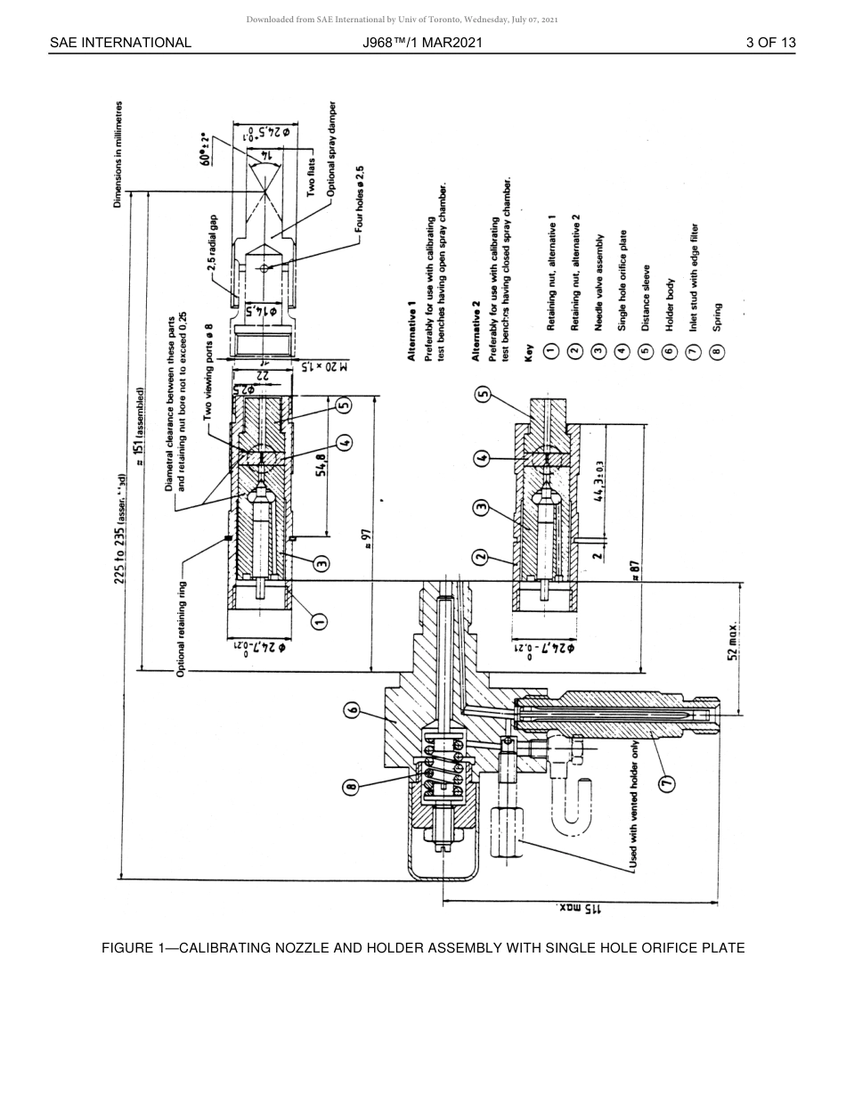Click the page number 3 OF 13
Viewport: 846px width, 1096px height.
pyautogui.click(x=770, y=43)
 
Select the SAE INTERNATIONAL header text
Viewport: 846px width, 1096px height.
pyautogui.click(x=120, y=43)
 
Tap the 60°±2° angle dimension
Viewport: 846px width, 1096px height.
pyautogui.click(x=207, y=149)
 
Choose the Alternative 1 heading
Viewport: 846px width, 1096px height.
pyautogui.click(x=412, y=330)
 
